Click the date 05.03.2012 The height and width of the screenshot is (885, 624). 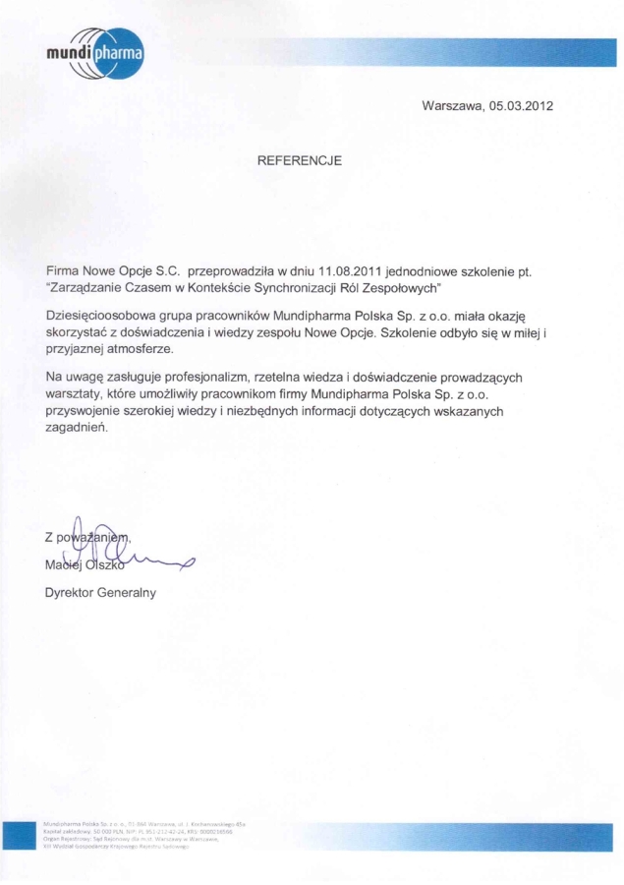519,105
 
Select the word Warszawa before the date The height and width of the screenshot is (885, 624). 450,105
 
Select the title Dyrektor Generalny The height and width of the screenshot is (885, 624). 100,593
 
